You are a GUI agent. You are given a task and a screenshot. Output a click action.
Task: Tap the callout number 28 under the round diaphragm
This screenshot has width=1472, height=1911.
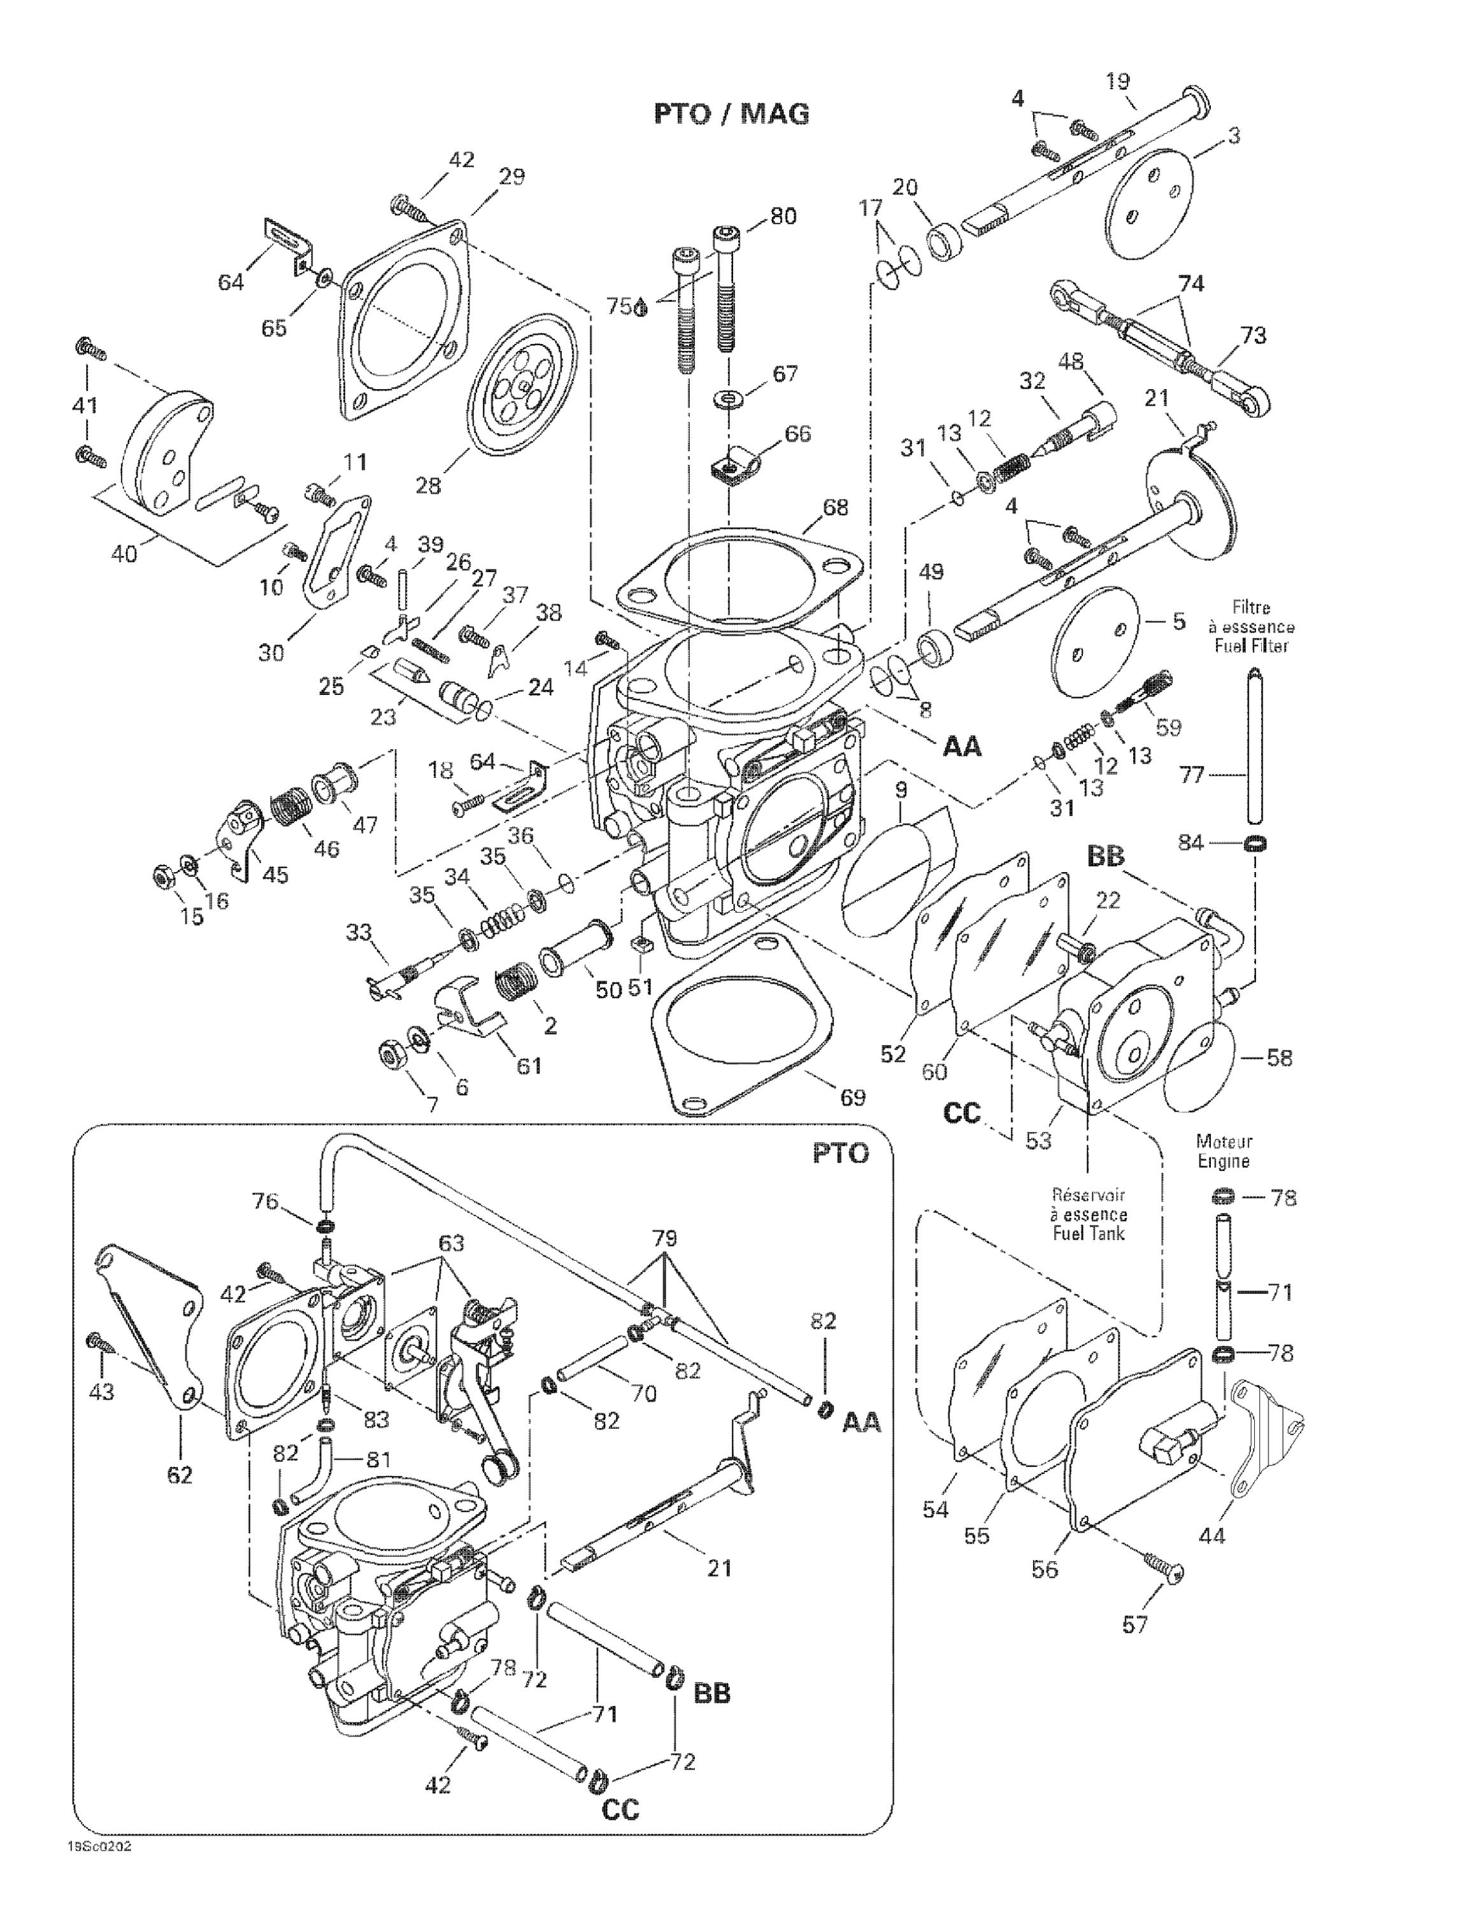428,485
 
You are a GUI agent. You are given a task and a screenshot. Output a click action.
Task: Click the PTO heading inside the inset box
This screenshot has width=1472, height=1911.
840,1153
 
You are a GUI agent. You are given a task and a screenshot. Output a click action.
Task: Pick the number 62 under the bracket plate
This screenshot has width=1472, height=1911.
180,1475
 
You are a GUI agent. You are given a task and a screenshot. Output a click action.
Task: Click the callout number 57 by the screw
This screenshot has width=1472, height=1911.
1134,1625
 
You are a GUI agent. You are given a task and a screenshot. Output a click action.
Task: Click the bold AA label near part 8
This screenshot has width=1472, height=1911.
962,747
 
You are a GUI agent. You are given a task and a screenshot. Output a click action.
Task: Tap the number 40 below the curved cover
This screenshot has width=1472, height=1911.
124,553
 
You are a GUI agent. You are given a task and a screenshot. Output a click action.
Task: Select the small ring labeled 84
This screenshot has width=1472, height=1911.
1254,843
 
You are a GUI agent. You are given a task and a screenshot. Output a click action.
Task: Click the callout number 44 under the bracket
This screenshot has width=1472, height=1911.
1212,1535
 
